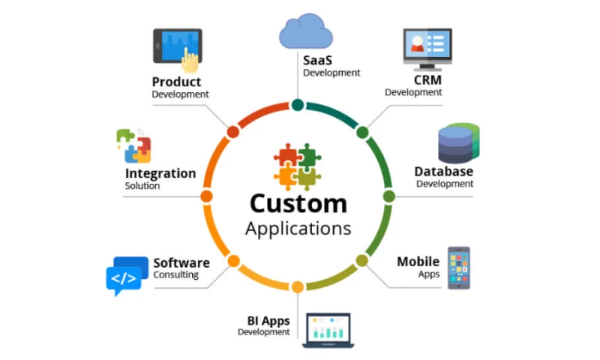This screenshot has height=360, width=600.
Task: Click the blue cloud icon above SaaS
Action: pos(306,31)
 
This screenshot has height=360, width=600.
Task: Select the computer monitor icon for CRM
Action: pos(427,49)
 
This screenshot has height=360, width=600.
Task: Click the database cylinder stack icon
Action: pos(458,143)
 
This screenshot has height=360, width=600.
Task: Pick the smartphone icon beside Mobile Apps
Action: pos(459,268)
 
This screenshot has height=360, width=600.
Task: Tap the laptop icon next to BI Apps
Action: pos(328,331)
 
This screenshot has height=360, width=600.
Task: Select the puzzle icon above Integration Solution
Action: pos(134,146)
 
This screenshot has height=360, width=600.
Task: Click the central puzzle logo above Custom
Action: pos(297,166)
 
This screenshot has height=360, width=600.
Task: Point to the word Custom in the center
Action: pos(298,203)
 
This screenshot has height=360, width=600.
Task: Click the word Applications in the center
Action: pos(298,229)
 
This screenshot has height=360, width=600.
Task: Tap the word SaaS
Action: pos(317,60)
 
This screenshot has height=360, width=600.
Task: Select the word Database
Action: pos(444,172)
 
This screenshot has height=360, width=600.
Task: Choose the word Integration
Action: pos(160,173)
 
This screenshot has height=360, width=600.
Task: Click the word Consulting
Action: pos(176,274)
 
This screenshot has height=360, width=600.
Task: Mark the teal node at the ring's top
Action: pos(298,105)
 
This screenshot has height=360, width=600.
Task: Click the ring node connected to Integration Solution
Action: pos(207,196)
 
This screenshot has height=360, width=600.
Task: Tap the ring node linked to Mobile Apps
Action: pos(362,260)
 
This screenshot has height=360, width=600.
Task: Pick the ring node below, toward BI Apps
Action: pos(298,287)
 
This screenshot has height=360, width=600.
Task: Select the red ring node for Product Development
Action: pos(233,132)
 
